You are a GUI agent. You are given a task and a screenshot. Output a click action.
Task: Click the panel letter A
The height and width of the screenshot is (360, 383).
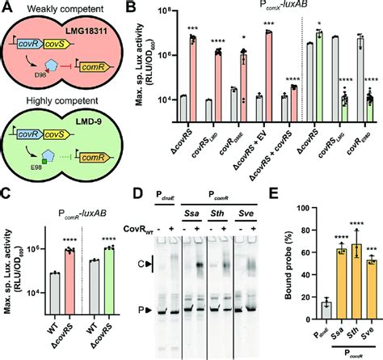[6, 8]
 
